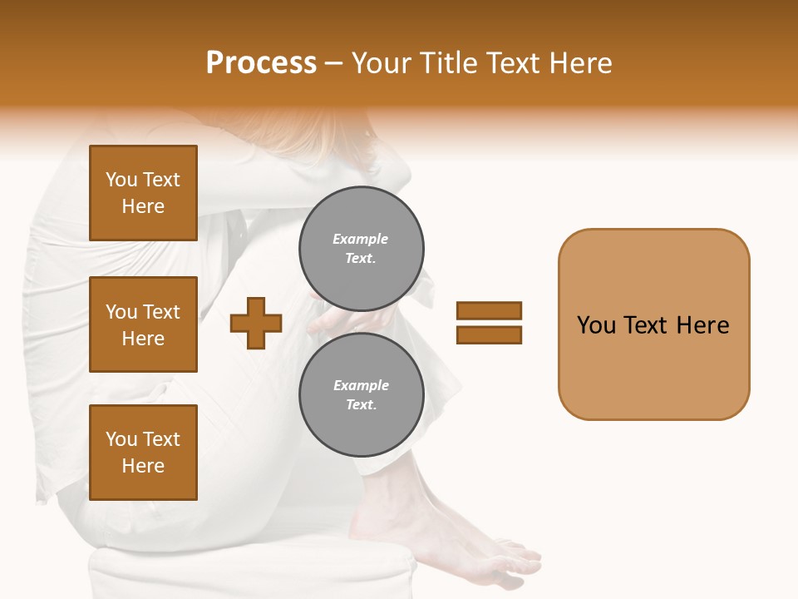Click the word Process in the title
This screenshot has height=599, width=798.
tap(261, 63)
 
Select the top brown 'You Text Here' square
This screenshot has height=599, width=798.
tap(143, 193)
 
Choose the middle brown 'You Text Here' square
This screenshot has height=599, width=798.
tap(143, 324)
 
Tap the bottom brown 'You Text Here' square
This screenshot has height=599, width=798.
tap(143, 453)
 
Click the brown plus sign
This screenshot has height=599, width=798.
tap(256, 323)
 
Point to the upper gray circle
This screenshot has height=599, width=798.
tap(362, 249)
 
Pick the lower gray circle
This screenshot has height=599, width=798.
tap(362, 395)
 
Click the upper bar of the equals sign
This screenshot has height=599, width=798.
tap(489, 311)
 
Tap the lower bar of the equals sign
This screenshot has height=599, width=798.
tap(489, 334)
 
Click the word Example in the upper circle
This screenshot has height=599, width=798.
tap(361, 239)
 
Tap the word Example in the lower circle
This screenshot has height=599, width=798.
tap(361, 385)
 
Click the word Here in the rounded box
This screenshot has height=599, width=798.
tap(702, 325)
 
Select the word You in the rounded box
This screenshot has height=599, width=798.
tap(597, 325)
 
